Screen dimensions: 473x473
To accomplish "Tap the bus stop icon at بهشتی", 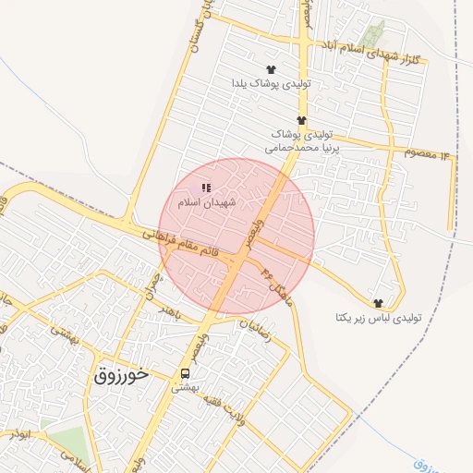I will (x=186, y=373).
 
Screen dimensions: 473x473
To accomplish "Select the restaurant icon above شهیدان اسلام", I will (x=206, y=188).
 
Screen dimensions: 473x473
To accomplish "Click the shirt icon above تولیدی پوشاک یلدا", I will (x=271, y=69).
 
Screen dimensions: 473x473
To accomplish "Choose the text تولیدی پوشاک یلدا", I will (x=271, y=83).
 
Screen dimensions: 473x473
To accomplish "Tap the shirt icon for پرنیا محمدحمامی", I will (x=301, y=120).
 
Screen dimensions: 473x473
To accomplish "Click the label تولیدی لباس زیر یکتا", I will (x=378, y=317).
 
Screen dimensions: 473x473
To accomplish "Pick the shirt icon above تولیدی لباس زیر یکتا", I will (x=378, y=303).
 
